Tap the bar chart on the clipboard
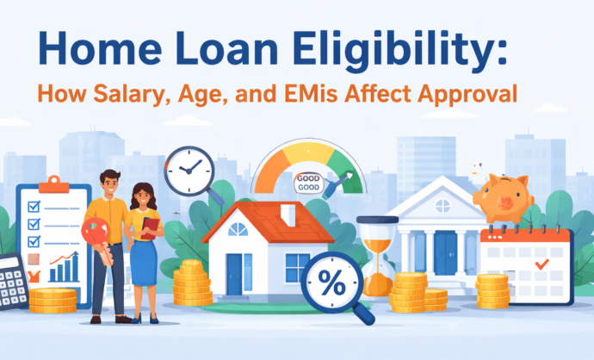[65, 268]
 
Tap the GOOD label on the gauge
[307, 183]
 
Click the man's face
[110, 183]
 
